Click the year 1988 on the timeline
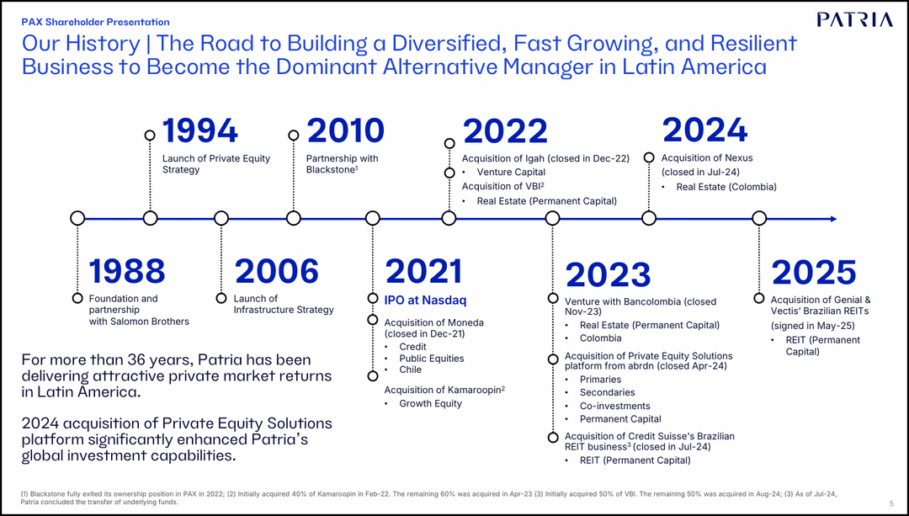click(127, 271)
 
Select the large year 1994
click(200, 131)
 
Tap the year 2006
click(277, 271)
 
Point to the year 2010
click(345, 131)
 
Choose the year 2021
click(423, 271)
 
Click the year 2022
click(505, 132)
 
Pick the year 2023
click(608, 275)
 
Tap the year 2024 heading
click(704, 130)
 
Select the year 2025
click(813, 273)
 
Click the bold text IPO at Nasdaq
click(425, 301)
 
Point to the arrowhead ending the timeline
click(833, 219)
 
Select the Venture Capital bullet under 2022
click(511, 173)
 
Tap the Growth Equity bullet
click(430, 404)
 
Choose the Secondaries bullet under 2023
click(607, 393)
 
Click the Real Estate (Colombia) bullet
click(726, 187)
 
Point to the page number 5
click(890, 503)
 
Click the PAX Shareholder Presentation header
click(95, 22)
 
